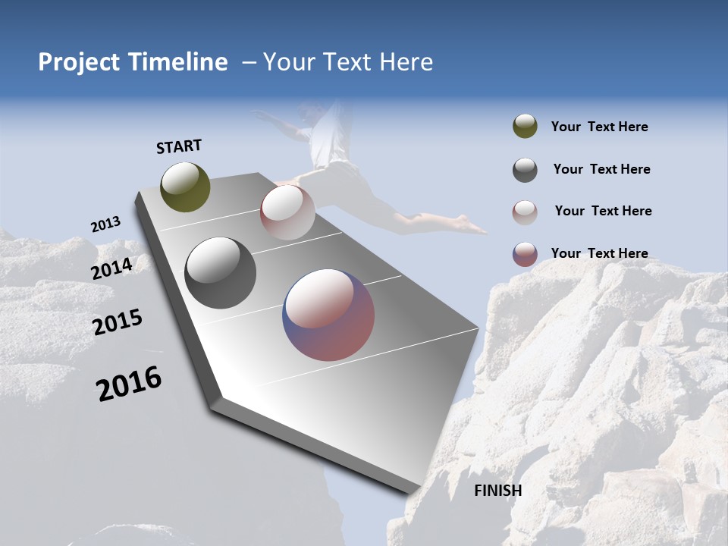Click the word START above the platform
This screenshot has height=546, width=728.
(x=179, y=146)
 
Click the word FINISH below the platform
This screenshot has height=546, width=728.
(x=497, y=491)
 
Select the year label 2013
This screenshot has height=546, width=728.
(x=105, y=224)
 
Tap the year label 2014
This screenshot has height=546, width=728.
(x=112, y=268)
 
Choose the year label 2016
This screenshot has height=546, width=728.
(x=129, y=383)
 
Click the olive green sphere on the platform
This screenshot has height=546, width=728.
(x=185, y=187)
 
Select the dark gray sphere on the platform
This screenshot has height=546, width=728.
(x=221, y=273)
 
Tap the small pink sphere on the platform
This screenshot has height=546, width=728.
(x=287, y=212)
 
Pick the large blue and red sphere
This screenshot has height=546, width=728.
(x=328, y=315)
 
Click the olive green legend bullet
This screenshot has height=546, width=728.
(x=525, y=127)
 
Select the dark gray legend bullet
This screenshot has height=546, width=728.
(x=525, y=169)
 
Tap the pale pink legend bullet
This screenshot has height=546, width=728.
(x=525, y=212)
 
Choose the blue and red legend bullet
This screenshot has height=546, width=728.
(x=525, y=254)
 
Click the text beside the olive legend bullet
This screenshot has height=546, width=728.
(x=599, y=127)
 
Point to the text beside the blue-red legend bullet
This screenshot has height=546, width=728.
(x=599, y=253)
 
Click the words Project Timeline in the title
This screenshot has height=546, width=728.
(x=133, y=62)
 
